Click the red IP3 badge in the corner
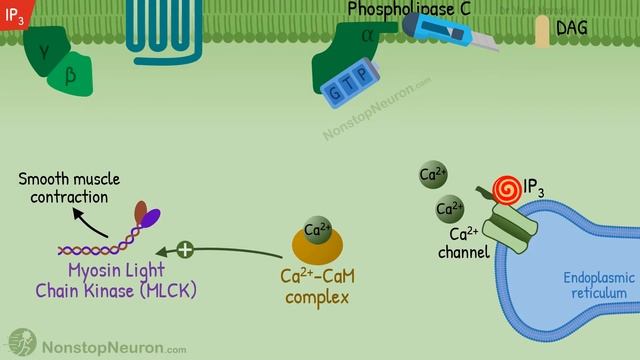coord(14,14)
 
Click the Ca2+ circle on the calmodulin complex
coord(317,229)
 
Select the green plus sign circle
coord(184,249)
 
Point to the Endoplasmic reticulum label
coord(594,284)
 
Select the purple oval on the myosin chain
coord(149,218)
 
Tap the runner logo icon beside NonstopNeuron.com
coord(22,343)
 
